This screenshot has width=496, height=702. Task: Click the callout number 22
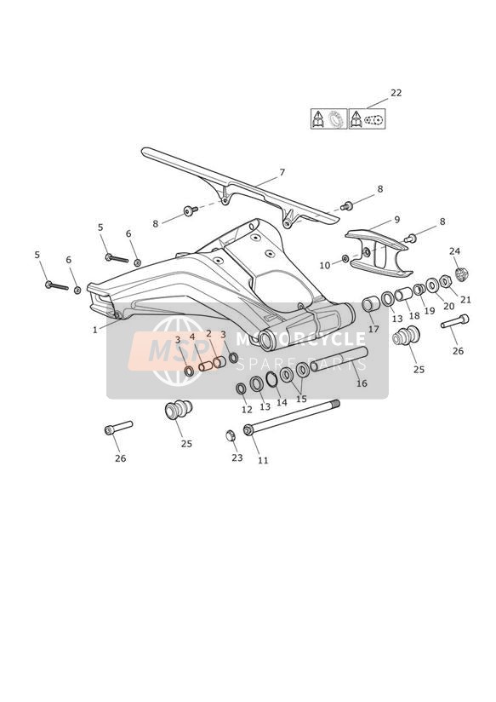[x=396, y=93]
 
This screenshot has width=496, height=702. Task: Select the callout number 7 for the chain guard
[x=282, y=172]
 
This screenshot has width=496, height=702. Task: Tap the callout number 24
[x=455, y=251]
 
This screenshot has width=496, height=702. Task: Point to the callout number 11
[x=263, y=460]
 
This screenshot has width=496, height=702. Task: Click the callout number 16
[x=362, y=383]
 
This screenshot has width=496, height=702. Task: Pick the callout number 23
[x=237, y=457]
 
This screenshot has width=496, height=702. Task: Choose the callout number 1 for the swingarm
[x=94, y=330]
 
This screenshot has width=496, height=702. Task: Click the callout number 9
[x=397, y=220]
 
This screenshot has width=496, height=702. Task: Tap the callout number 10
[x=325, y=266]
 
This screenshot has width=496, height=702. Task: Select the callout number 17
[x=373, y=329]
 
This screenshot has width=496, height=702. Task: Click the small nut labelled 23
[x=231, y=435]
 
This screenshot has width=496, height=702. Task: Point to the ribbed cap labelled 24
[x=461, y=273]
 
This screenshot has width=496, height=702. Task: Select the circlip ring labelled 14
[x=271, y=379]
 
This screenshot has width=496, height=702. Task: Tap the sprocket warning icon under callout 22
[x=329, y=118]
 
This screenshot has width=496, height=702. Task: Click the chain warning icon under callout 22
[x=368, y=118]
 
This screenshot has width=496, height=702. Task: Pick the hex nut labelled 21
[x=445, y=281]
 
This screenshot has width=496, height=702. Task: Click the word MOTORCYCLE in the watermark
[x=300, y=339]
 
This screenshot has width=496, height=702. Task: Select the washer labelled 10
[x=345, y=258]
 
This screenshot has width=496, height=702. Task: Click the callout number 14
[x=282, y=402]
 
